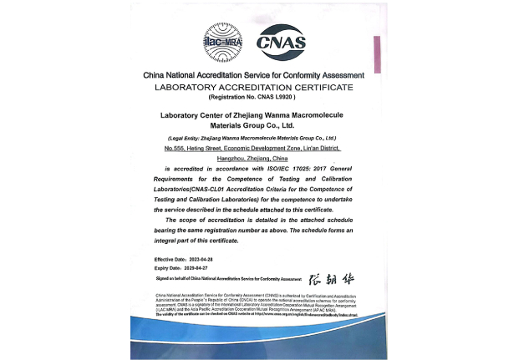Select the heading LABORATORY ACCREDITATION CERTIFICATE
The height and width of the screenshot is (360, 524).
click(254, 87)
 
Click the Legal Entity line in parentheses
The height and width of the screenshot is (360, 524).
click(252, 137)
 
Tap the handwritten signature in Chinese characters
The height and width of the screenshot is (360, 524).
click(332, 277)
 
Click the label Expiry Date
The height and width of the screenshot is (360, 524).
click(165, 267)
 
